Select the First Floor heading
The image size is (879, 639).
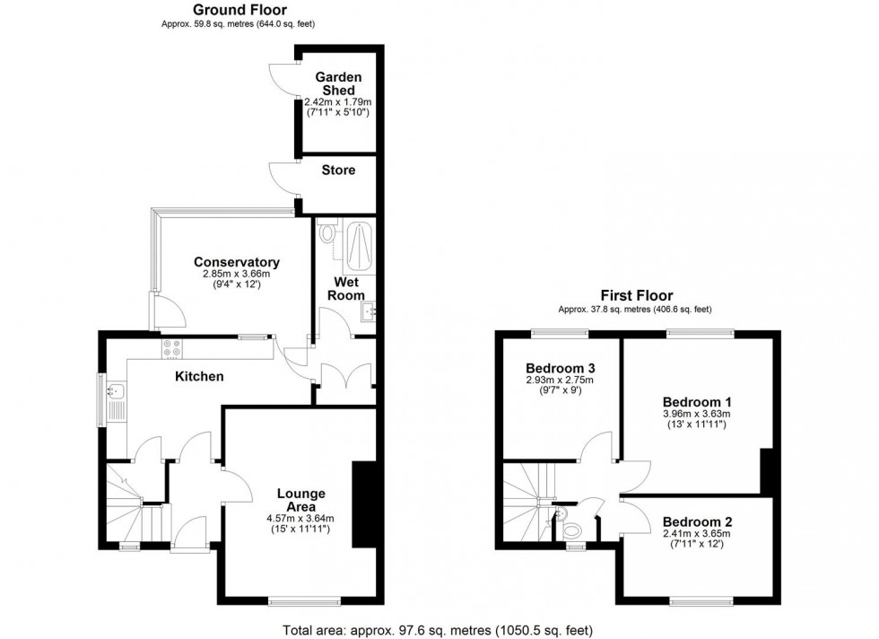(637, 295)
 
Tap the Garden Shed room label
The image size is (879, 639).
(336, 83)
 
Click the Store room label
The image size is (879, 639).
(337, 170)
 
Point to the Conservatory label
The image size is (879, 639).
(237, 262)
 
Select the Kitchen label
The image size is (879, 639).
(199, 376)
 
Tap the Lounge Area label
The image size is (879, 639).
(300, 500)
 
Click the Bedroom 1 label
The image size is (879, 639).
(697, 401)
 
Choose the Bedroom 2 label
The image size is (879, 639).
(697, 521)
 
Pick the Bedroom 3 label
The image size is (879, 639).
(561, 368)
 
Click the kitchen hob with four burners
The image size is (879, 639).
(171, 347)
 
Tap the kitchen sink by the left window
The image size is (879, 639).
(114, 391)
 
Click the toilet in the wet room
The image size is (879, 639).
(327, 232)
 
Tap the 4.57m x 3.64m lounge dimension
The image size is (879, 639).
(300, 518)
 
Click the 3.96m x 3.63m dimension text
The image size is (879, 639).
(697, 414)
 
